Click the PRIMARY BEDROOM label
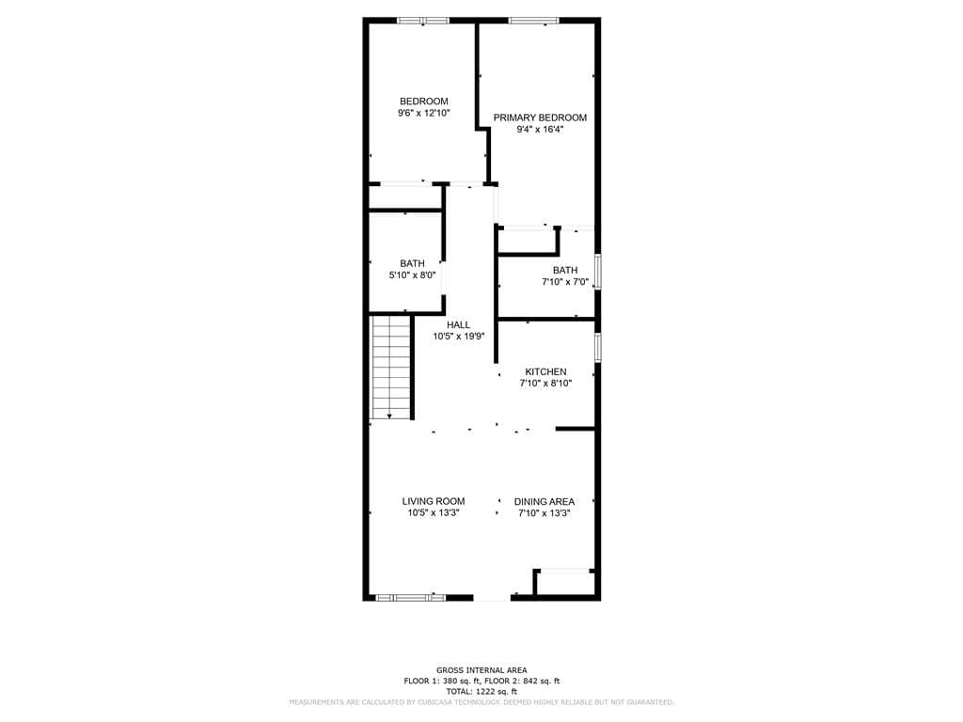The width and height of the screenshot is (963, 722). pos(540,118)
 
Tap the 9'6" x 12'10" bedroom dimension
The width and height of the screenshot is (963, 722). pos(424,113)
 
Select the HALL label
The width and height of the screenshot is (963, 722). pos(458,324)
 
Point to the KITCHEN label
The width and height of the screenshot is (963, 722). pos(545,371)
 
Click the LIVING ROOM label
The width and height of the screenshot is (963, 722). pos(434,501)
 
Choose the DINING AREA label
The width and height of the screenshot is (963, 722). pos(545,502)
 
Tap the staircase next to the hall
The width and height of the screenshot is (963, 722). pos(391,368)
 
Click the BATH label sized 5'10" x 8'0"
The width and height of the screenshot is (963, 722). pos(412,263)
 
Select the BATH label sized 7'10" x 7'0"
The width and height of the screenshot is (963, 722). pos(565,270)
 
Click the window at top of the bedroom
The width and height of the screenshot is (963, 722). pos(423,21)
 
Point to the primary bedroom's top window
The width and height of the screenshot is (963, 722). pos(534,21)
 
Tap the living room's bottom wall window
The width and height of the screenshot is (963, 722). pos(411,597)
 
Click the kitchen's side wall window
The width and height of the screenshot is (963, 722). pos(597,347)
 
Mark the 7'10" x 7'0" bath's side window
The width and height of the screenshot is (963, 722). pos(597,271)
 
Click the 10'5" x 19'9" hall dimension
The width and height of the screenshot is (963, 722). pos(459,337)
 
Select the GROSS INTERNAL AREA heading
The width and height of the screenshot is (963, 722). pos(481,670)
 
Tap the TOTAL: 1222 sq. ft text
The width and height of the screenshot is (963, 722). pos(481,691)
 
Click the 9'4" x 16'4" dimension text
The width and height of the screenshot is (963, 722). pos(540,130)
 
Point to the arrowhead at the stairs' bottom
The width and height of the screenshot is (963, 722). pos(389,416)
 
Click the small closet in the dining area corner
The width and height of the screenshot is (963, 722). pos(564,583)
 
